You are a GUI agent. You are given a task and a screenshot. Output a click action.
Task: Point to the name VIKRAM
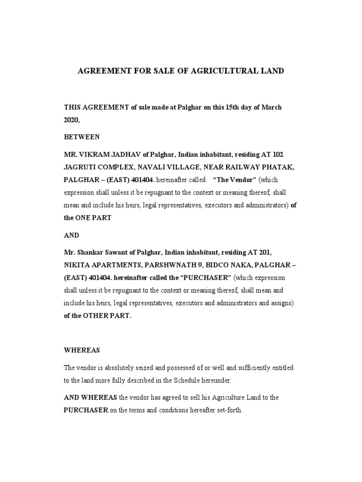pos(94,155)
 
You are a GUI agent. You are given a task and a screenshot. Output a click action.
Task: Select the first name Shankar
pos(92,252)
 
